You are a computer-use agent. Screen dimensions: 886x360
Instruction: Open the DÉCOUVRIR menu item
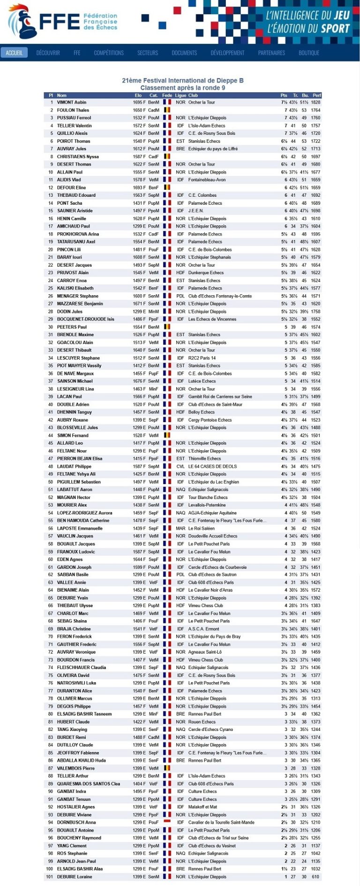[48, 53]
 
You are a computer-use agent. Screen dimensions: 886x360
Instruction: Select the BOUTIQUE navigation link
[309, 53]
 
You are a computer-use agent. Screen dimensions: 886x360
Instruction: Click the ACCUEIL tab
[14, 53]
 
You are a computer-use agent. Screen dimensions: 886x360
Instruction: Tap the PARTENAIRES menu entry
[271, 53]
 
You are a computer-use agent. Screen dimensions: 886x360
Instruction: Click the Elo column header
[138, 96]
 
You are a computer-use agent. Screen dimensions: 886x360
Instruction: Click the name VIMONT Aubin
[72, 102]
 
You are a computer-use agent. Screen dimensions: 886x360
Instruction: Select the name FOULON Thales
[73, 110]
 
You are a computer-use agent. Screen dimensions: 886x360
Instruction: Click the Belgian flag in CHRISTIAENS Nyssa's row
[167, 156]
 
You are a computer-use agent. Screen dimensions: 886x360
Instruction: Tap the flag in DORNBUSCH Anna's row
[167, 822]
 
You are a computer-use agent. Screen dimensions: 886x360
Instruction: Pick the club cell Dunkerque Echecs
[206, 273]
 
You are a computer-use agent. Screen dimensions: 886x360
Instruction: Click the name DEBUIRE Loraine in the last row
[74, 877]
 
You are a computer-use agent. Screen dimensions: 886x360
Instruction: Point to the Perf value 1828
[316, 102]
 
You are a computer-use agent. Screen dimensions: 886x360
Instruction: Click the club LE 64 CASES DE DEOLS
[212, 466]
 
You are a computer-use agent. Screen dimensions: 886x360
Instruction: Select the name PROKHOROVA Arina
[78, 234]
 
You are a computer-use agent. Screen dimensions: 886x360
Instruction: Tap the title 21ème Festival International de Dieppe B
[183, 81]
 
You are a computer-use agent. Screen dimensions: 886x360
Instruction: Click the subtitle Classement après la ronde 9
[183, 88]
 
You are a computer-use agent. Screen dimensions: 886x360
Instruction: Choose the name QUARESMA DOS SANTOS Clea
[89, 783]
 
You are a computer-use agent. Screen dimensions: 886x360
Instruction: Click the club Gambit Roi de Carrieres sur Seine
[220, 396]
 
